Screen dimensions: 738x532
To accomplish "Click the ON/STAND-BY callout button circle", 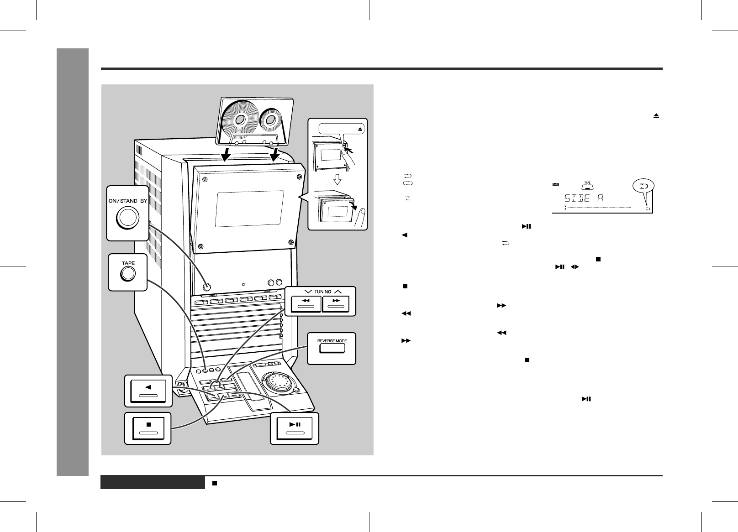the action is [x=128, y=218].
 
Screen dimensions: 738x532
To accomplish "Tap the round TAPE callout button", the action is [x=128, y=274].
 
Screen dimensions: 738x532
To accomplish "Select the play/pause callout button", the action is [x=295, y=428].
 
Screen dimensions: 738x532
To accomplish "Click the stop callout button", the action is [x=148, y=428].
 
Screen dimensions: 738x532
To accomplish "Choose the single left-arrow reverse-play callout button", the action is [x=148, y=391].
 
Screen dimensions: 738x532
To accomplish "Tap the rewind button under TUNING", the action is [x=306, y=303].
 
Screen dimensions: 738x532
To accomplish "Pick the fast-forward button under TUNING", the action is [x=336, y=303].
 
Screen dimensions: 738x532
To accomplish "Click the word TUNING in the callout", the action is [x=322, y=292].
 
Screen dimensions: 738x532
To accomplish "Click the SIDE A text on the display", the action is [x=584, y=198].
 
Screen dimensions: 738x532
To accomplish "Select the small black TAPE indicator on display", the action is [x=555, y=184].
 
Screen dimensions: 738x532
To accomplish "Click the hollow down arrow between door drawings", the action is [x=337, y=180].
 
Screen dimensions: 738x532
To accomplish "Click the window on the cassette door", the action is [x=250, y=209].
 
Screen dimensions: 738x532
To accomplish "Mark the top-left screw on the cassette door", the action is [x=205, y=179].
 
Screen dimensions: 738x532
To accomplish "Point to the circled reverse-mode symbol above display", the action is [x=643, y=186].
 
